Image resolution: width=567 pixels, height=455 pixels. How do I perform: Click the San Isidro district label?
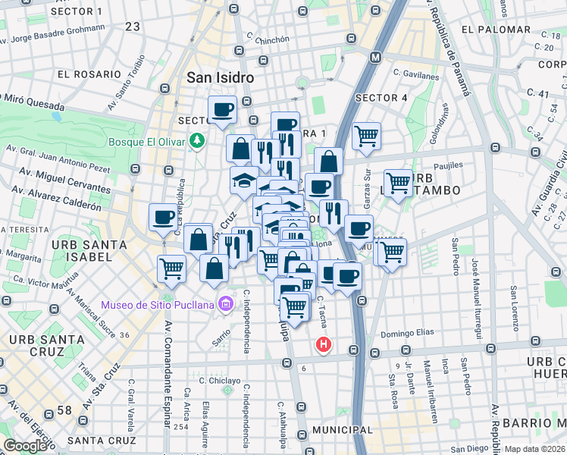tap(220, 78)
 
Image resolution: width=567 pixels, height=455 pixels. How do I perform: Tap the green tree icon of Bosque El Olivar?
tap(197, 140)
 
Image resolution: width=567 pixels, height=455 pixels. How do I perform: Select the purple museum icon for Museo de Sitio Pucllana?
tap(224, 305)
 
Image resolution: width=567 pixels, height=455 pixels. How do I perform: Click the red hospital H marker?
tap(324, 345)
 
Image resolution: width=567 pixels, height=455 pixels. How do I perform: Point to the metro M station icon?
tap(375, 58)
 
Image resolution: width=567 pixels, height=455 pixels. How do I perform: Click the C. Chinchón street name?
tap(267, 39)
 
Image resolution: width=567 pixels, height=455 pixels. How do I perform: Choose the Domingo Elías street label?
tap(406, 334)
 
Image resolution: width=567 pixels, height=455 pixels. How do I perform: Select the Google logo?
tap(25, 446)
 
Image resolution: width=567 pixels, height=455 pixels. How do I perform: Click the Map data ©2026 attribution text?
tap(534, 449)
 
